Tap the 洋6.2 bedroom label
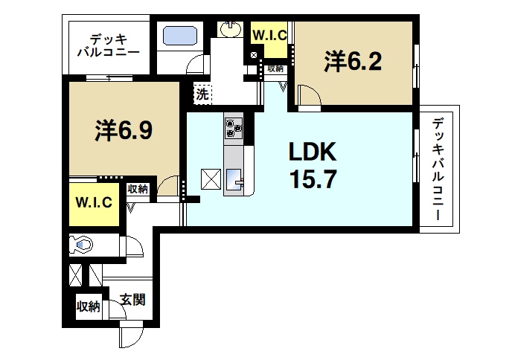point(353,61)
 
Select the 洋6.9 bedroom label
point(124,130)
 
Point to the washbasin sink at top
point(230,30)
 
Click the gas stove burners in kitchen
point(234,127)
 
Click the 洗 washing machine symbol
point(202,94)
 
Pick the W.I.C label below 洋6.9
point(93,202)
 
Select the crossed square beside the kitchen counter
point(211,179)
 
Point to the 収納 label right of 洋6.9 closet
point(137,189)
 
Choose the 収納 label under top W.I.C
point(275,68)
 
